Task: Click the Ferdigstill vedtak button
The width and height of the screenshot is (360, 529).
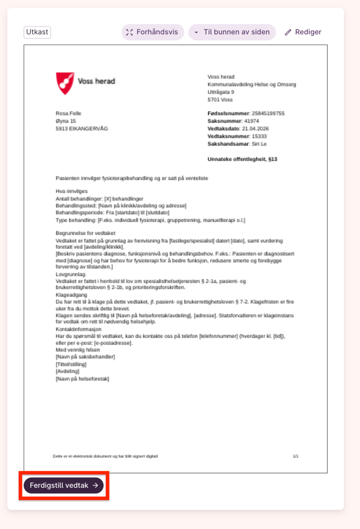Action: [63, 485]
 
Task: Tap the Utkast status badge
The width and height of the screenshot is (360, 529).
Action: [37, 32]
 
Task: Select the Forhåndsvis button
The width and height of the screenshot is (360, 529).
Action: [153, 32]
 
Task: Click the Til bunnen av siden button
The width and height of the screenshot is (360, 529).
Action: [232, 32]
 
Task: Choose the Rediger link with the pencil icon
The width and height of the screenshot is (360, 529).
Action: [303, 32]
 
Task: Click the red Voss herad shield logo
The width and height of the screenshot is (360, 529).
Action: [65, 83]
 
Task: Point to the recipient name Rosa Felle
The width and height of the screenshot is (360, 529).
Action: [68, 113]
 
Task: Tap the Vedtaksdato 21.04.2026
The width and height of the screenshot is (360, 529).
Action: [255, 129]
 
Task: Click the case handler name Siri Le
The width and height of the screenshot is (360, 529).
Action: [260, 144]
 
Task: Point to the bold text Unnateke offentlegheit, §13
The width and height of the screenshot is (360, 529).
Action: [242, 160]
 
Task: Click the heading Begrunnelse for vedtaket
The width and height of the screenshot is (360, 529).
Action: [85, 233]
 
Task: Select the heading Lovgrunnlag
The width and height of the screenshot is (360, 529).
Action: [70, 274]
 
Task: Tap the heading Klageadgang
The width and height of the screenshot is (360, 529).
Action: [71, 295]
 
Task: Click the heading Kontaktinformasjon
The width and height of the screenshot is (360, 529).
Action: [78, 329]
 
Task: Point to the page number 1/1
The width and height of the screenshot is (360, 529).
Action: [296, 456]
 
